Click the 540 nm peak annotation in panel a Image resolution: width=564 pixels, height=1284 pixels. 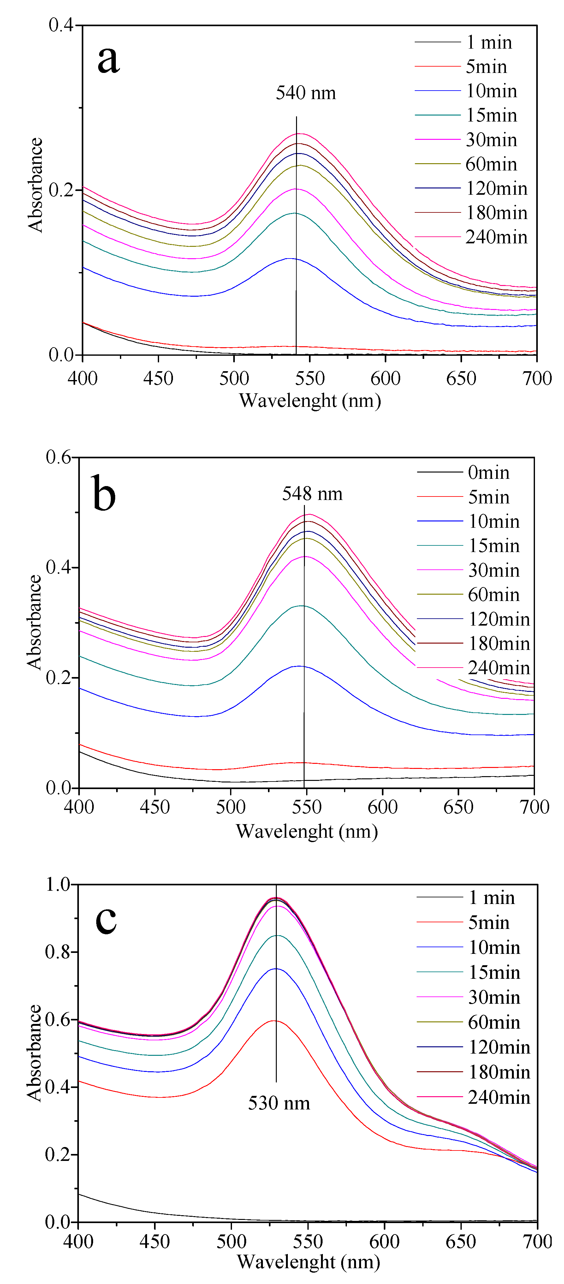306,93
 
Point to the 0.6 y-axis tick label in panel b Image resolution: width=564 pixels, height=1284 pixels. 58,457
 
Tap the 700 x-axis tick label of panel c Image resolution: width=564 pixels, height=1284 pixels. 537,1242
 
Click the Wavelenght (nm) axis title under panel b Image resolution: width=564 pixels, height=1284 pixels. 306,831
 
